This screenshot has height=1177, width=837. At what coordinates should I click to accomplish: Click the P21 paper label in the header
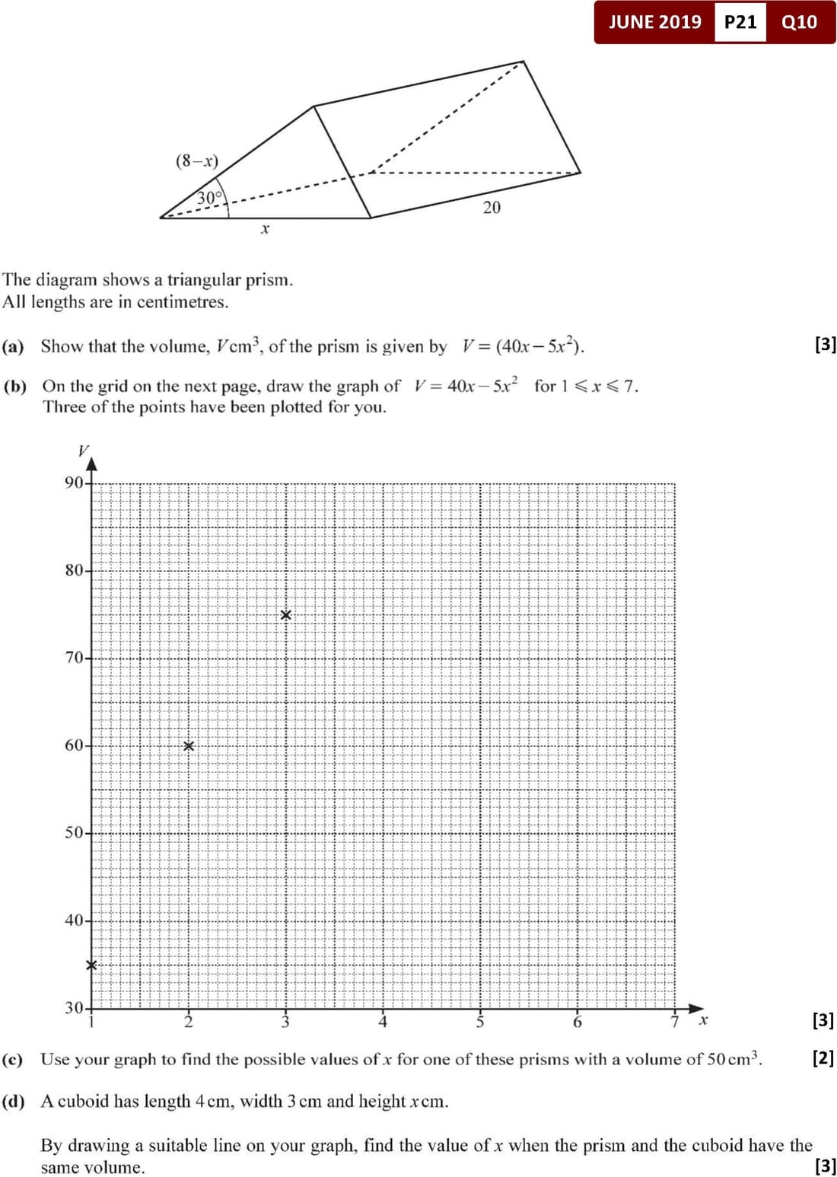[740, 22]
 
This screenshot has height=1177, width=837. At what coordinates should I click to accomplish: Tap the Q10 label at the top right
[799, 22]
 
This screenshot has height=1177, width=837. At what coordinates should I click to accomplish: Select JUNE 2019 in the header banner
[654, 22]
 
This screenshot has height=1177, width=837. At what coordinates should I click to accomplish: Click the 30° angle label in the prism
[210, 198]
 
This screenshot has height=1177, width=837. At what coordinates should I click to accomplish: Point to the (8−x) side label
[197, 161]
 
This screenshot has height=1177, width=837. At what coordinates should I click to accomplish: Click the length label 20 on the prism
[492, 207]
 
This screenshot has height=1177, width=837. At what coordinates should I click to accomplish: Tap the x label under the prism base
[265, 228]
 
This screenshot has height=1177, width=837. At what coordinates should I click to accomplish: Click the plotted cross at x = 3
[285, 615]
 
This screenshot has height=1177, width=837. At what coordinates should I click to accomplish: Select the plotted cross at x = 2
[189, 746]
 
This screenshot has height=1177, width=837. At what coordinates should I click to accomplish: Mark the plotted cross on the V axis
[91, 965]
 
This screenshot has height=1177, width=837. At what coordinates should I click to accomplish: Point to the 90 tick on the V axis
[74, 482]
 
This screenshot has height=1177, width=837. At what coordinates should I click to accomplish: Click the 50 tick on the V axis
[74, 832]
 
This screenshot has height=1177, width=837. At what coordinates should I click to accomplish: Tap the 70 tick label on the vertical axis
[74, 657]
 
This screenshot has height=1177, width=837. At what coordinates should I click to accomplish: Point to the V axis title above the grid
[84, 450]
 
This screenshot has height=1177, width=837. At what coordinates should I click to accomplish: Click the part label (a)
[13, 347]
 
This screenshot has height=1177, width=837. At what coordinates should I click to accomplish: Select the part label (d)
[13, 1102]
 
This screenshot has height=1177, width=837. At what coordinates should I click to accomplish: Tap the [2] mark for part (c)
[823, 1058]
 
